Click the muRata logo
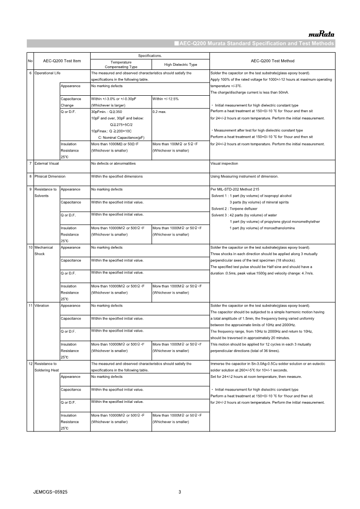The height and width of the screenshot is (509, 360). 321,34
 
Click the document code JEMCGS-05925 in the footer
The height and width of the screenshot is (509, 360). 51,492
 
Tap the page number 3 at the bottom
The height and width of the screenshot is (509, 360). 180,492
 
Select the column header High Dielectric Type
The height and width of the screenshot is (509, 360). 180,64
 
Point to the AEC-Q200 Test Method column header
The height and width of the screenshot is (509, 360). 272,61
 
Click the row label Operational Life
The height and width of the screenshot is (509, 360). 48,73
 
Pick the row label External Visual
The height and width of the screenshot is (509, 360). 47,163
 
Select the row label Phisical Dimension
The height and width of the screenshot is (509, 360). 50,176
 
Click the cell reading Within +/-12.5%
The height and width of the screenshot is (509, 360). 165,98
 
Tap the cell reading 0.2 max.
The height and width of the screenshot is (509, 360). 160,112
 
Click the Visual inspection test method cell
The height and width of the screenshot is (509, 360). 224,163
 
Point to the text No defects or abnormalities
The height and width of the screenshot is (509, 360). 113,163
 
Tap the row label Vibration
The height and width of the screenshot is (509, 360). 41,306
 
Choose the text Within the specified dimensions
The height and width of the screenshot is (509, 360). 117,176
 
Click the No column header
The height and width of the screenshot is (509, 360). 30,61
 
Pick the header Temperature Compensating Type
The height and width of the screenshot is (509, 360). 121,64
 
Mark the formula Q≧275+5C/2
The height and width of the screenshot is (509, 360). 122,124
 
